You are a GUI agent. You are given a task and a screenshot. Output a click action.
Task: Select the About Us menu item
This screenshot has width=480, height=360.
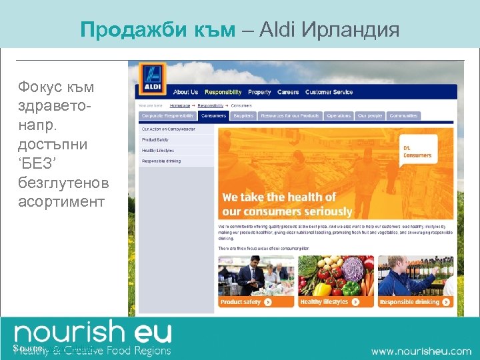pyautogui.click(x=185, y=92)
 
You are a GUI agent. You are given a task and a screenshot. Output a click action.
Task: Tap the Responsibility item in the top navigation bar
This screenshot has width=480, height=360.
pyautogui.click(x=223, y=92)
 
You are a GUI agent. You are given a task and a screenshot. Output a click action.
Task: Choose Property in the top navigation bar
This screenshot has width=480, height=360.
pyautogui.click(x=259, y=92)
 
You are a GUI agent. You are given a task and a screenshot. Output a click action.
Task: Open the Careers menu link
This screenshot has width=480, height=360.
pyautogui.click(x=288, y=92)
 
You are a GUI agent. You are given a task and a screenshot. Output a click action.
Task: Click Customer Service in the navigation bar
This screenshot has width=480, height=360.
pyautogui.click(x=329, y=92)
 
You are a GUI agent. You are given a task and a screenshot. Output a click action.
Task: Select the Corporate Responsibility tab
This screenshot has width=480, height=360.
pyautogui.click(x=167, y=115)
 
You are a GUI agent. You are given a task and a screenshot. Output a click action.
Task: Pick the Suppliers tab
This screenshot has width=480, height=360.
pyautogui.click(x=243, y=115)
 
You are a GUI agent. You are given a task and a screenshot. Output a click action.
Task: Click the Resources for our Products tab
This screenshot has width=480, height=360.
pyautogui.click(x=289, y=115)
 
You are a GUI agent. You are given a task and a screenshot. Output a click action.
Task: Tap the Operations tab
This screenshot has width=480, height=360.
pyautogui.click(x=339, y=115)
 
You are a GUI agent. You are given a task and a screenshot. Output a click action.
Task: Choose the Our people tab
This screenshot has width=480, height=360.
pyautogui.click(x=370, y=115)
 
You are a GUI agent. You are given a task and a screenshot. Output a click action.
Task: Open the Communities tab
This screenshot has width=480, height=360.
pyautogui.click(x=403, y=115)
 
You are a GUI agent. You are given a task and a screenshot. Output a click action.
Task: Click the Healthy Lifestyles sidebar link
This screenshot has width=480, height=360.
pyautogui.click(x=159, y=151)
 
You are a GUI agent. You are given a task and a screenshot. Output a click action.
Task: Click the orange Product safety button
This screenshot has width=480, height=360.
pyautogui.click(x=246, y=302)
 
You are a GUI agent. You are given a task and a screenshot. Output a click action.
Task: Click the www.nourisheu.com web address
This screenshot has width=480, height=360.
pyautogui.click(x=421, y=351)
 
